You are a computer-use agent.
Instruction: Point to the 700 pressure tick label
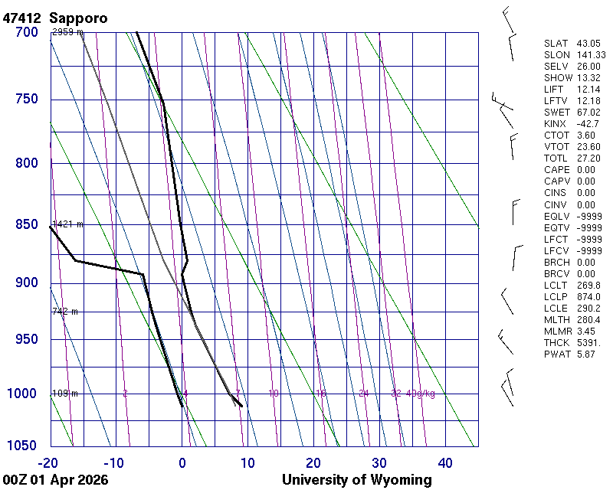(27, 32)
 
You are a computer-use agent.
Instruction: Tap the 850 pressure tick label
(27, 224)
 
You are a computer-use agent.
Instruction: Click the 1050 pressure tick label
(23, 446)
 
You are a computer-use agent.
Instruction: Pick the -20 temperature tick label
(48, 462)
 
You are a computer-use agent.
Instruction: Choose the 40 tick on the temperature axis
(445, 462)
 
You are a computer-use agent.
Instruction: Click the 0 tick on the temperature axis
(182, 462)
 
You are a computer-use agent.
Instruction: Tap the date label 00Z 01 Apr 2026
(54, 480)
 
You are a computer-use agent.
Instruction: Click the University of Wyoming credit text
(356, 480)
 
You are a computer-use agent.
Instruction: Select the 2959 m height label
(67, 32)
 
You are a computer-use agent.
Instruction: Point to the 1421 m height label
(67, 224)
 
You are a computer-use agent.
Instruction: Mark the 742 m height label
(65, 312)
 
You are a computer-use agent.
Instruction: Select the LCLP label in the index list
(556, 296)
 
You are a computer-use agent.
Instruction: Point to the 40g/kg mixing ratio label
(421, 394)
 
